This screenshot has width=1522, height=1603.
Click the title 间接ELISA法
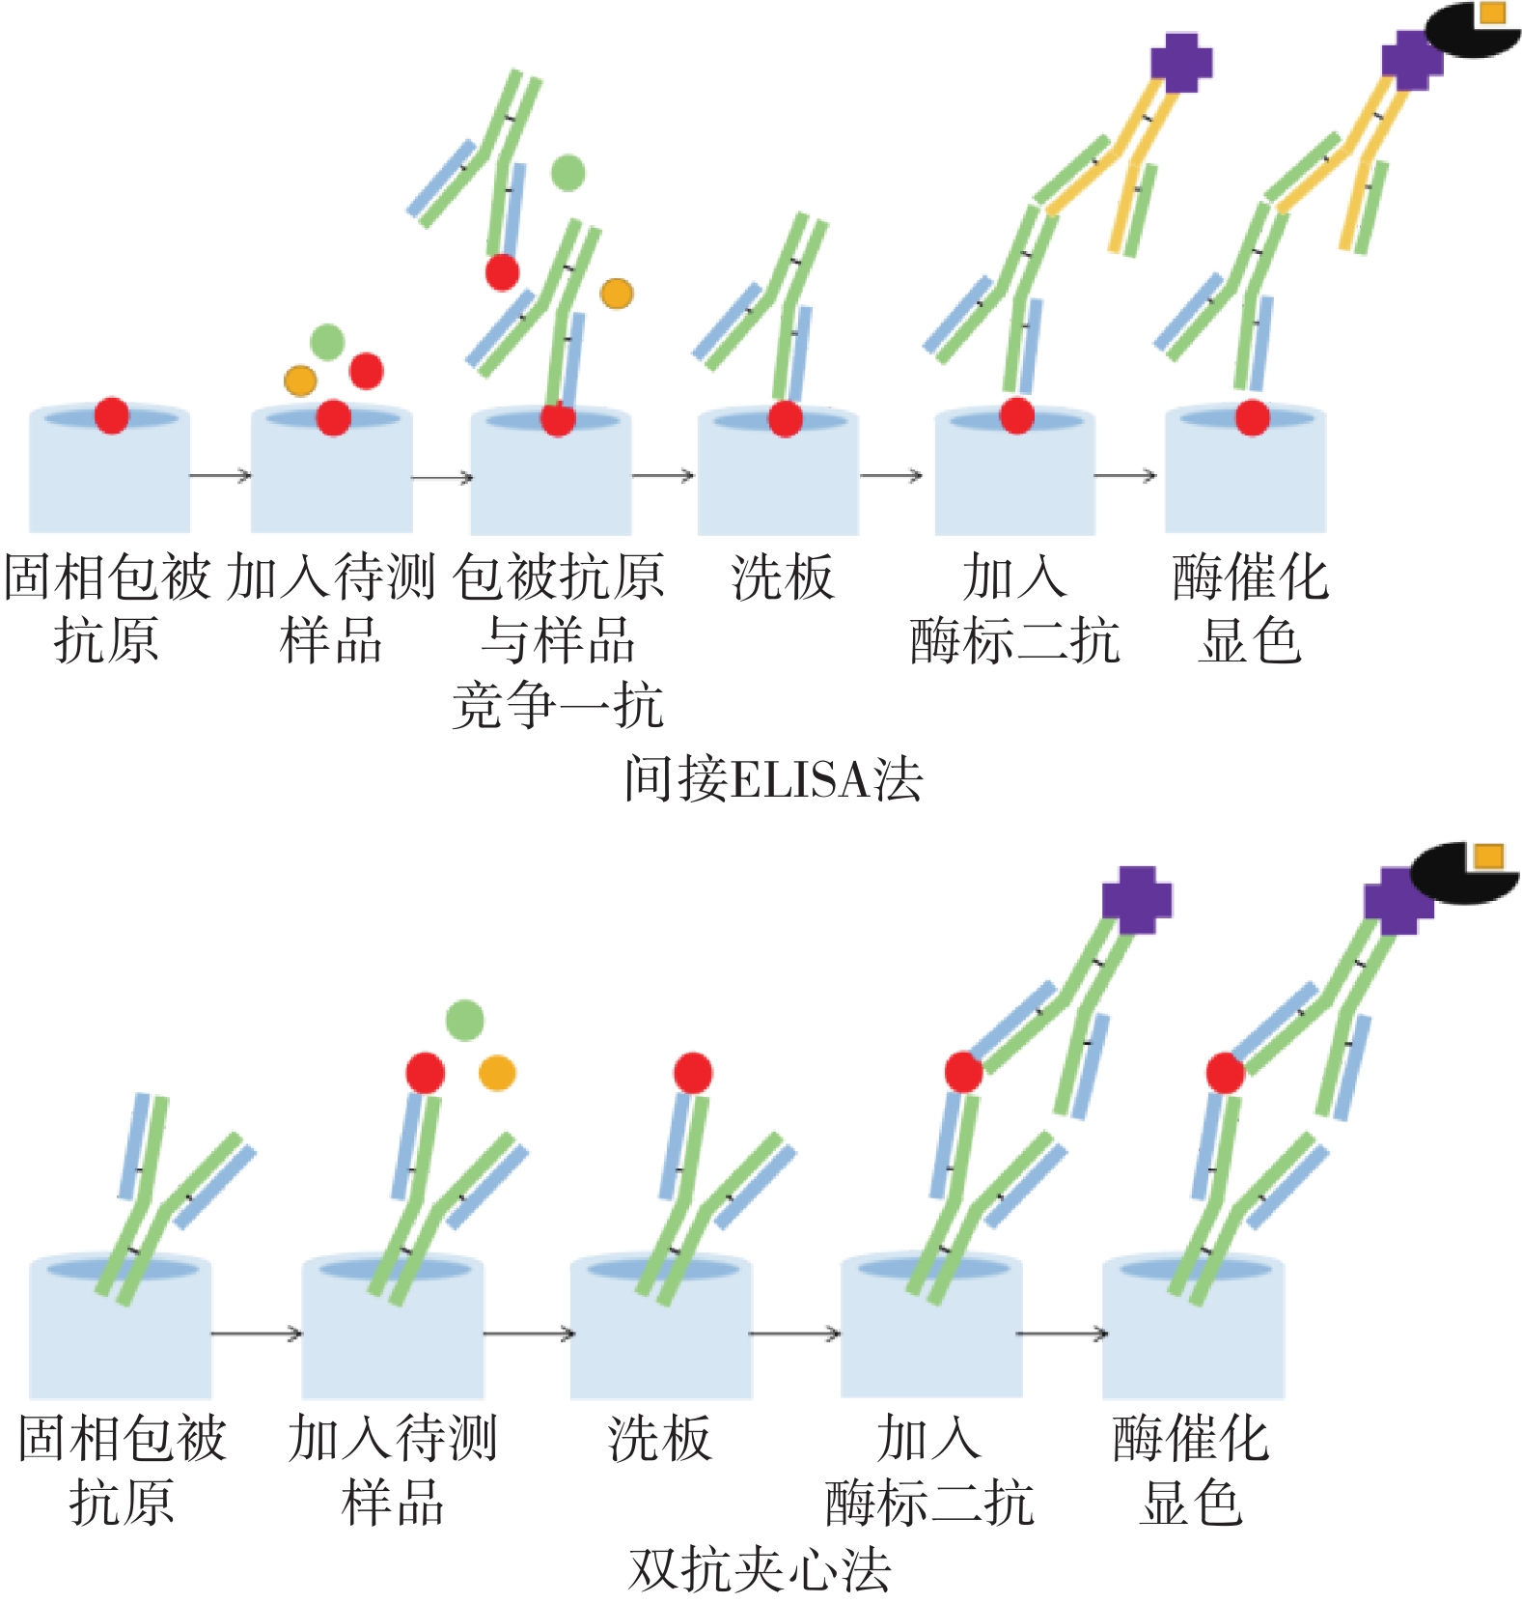772,779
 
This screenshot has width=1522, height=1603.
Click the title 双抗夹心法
760,1569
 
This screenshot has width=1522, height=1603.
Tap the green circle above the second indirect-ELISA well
327,341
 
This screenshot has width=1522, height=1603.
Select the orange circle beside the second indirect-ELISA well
300,380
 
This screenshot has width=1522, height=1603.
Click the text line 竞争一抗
558,705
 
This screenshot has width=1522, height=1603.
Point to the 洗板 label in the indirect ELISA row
782,577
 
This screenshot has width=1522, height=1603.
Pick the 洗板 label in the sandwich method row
660,1438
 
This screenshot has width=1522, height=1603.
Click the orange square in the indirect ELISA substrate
1492,13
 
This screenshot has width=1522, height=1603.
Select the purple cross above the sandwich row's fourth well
1137,899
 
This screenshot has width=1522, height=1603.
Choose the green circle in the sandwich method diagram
464,1021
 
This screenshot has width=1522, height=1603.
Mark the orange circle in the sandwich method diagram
497,1073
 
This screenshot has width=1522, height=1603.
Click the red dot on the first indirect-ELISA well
112,415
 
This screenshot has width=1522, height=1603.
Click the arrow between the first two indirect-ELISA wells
220,475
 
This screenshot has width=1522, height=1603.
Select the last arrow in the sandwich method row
1062,1334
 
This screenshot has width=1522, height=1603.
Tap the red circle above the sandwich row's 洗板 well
693,1073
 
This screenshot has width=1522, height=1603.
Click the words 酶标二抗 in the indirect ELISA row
1014,641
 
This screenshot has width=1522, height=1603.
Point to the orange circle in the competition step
617,294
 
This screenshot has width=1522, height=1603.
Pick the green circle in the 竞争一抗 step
567,173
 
